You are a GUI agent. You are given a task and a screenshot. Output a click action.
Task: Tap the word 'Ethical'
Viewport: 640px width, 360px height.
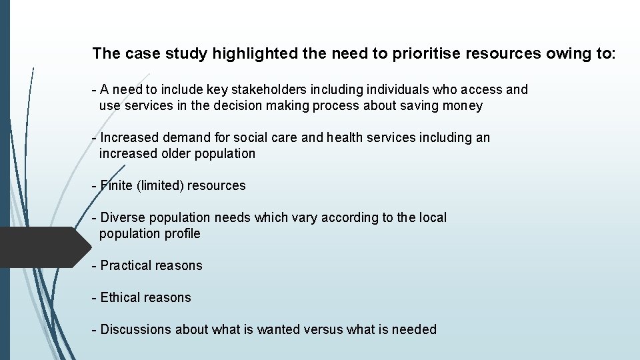121,297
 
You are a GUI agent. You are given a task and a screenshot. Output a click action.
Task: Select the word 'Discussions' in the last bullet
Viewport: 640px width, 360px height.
136,329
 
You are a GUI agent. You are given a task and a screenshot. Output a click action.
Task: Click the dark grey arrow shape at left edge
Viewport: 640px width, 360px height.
40,247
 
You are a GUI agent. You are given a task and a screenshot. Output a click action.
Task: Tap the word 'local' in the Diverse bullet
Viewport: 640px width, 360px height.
433,217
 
